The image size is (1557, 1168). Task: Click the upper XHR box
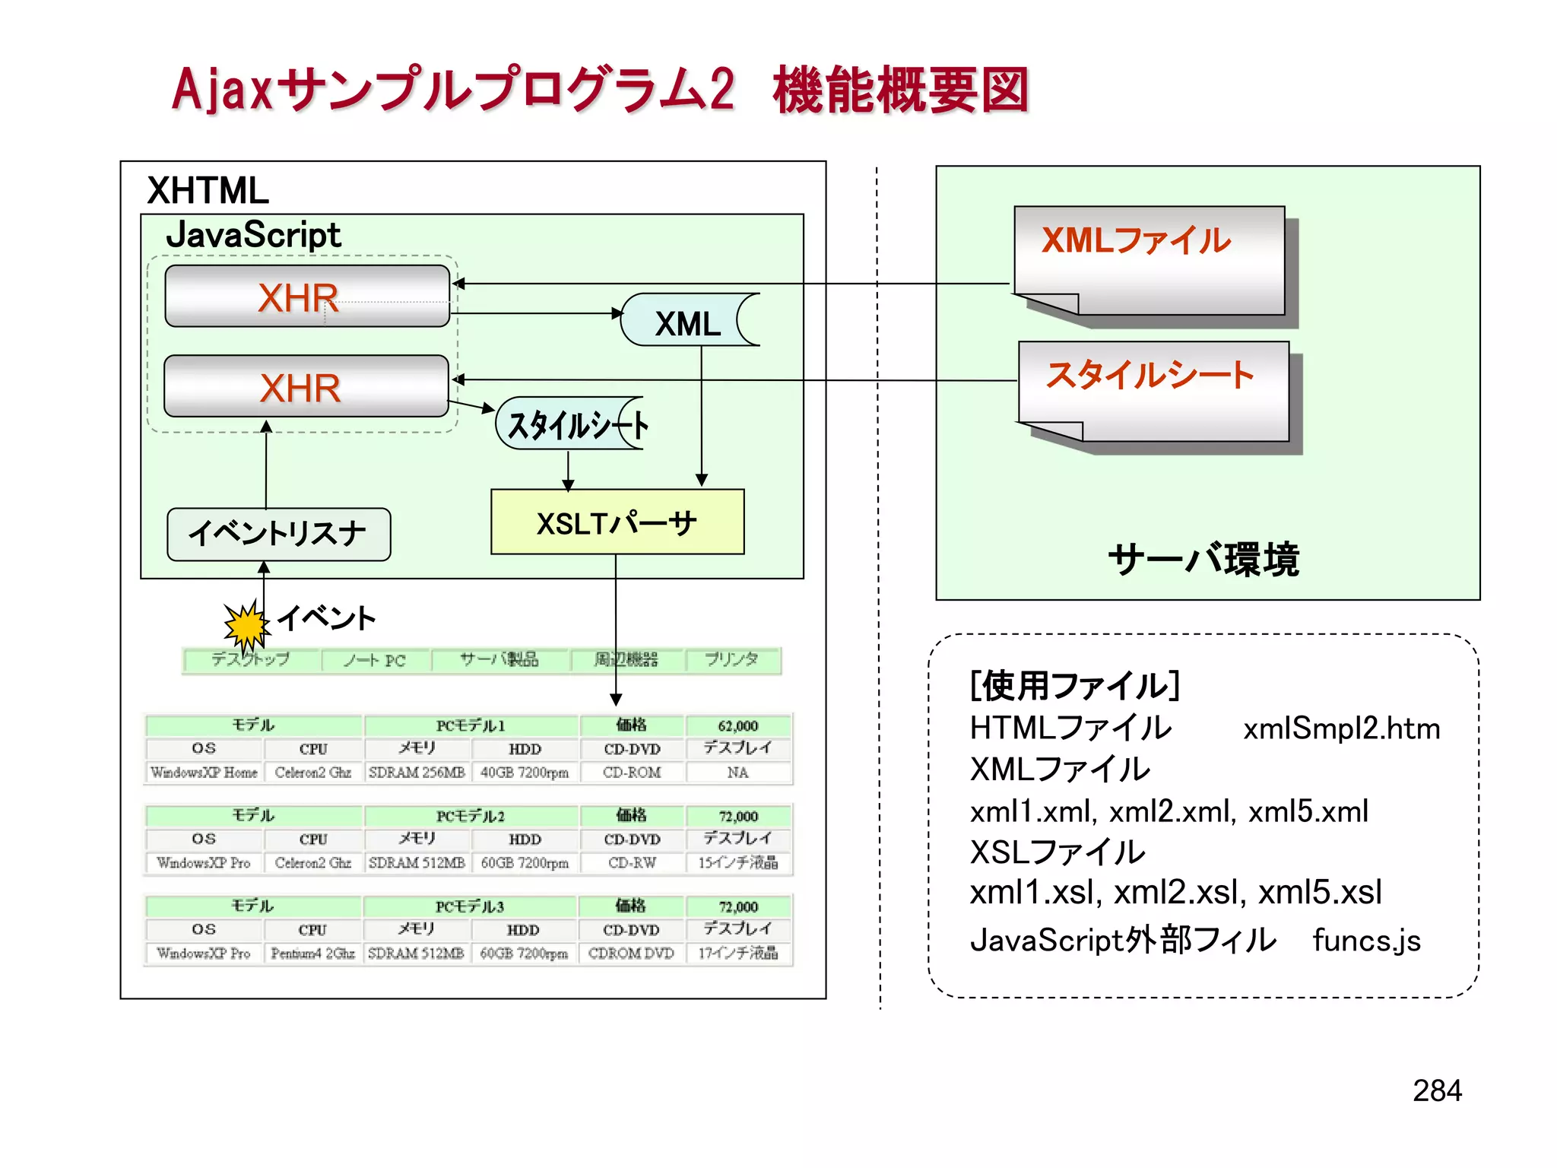[x=306, y=297]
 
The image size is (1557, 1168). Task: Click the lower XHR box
[x=306, y=386]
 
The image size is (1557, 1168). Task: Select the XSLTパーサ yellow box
[x=617, y=522]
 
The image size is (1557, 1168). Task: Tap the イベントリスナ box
[x=278, y=535]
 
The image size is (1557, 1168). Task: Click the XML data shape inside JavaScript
[x=688, y=322]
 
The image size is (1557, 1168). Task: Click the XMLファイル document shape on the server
[x=1148, y=260]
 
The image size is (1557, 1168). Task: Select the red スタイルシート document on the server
[x=1153, y=392]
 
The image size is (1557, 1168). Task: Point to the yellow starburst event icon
[x=246, y=626]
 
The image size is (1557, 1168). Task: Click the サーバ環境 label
[x=1203, y=560]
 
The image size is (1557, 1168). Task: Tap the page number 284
[x=1436, y=1090]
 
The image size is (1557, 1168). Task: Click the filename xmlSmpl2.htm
[x=1341, y=728]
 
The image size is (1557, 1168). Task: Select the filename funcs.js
[x=1366, y=941]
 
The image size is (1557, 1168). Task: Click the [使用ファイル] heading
[x=1074, y=686]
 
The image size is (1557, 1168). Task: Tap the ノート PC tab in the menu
[x=375, y=660]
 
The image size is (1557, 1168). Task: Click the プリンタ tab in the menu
[x=731, y=659]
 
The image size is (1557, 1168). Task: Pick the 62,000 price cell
[x=737, y=725]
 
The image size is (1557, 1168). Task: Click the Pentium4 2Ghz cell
[x=312, y=953]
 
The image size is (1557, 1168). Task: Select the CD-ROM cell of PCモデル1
[x=632, y=772]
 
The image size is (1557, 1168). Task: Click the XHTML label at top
[x=208, y=190]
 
